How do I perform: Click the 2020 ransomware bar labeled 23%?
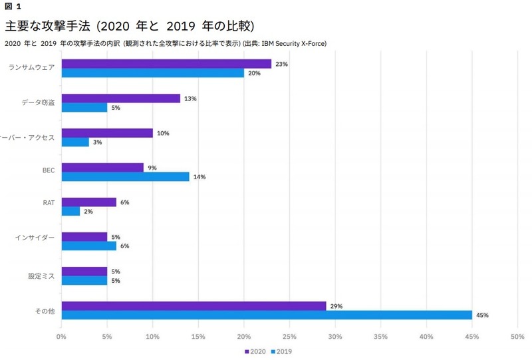pyautogui.click(x=166, y=64)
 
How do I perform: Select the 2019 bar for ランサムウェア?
pyautogui.click(x=152, y=73)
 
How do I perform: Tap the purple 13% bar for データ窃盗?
pyautogui.click(x=120, y=98)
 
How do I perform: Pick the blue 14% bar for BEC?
pyautogui.click(x=125, y=177)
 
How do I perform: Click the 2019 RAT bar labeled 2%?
pyautogui.click(x=70, y=212)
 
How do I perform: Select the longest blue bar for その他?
pyautogui.click(x=266, y=315)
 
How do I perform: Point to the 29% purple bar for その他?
pyautogui.click(x=193, y=306)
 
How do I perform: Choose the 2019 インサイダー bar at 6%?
pyautogui.click(x=88, y=246)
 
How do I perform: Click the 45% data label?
pyautogui.click(x=481, y=315)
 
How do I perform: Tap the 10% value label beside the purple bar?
pyautogui.click(x=163, y=133)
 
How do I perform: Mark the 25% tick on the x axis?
pyautogui.click(x=289, y=337)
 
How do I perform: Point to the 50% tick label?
pyautogui.click(x=517, y=337)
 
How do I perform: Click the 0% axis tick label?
pyautogui.click(x=61, y=337)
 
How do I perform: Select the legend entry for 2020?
pyautogui.click(x=255, y=351)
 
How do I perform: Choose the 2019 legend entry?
pyautogui.click(x=282, y=351)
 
